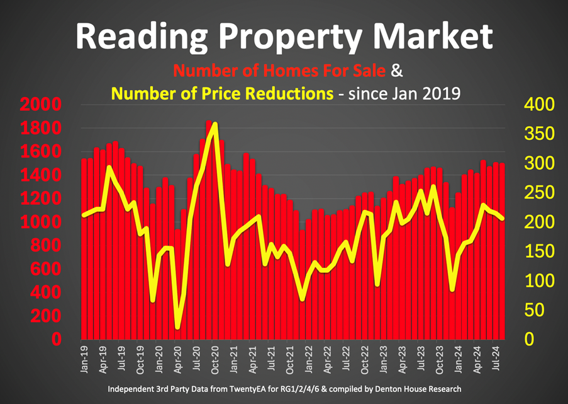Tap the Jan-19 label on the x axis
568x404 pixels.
85,359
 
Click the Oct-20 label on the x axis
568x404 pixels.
214,359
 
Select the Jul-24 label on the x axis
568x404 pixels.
495,359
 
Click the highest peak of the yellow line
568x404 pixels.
215,124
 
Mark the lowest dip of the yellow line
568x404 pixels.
177,327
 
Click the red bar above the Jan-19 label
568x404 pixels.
85,252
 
